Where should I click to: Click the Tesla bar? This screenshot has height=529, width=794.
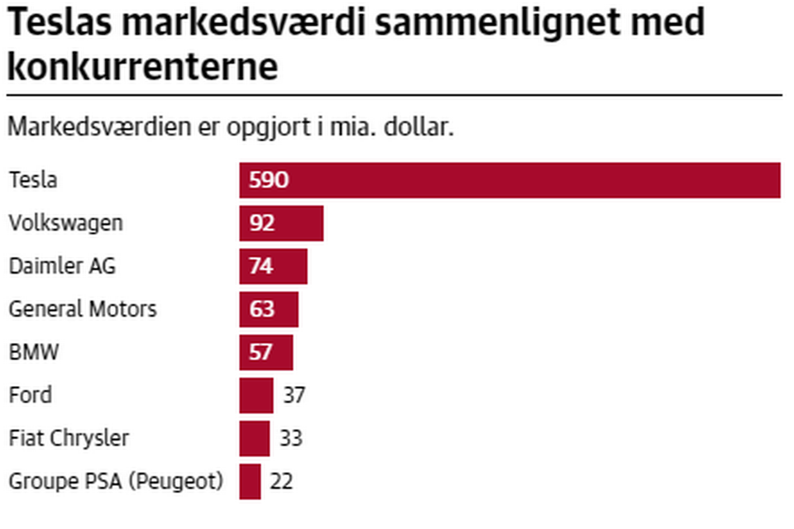pyautogui.click(x=509, y=180)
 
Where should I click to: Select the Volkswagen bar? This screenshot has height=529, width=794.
pyautogui.click(x=281, y=223)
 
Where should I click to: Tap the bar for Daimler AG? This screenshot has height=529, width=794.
pyautogui.click(x=273, y=266)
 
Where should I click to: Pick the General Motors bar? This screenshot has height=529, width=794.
pyautogui.click(x=269, y=309)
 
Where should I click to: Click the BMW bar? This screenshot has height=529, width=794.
pyautogui.click(x=266, y=352)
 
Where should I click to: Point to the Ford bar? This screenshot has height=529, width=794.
pyautogui.click(x=256, y=395)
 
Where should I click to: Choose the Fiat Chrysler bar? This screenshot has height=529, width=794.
pyautogui.click(x=255, y=438)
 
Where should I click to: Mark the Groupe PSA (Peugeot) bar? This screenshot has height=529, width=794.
pyautogui.click(x=251, y=481)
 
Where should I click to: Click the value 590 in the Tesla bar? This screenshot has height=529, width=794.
pyautogui.click(x=269, y=180)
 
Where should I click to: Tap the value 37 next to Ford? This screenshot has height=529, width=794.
pyautogui.click(x=294, y=395)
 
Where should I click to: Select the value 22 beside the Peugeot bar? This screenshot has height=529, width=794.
pyautogui.click(x=281, y=481)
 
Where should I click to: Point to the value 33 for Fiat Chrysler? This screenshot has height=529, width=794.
pyautogui.click(x=290, y=438)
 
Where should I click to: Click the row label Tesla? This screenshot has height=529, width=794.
pyautogui.click(x=33, y=180)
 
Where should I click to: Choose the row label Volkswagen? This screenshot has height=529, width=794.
pyautogui.click(x=65, y=223)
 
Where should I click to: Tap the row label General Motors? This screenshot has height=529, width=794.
pyautogui.click(x=82, y=309)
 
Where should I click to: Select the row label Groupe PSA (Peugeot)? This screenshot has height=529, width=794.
pyautogui.click(x=116, y=481)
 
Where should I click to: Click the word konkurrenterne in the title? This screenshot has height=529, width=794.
pyautogui.click(x=142, y=66)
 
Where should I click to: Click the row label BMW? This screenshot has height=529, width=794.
pyautogui.click(x=34, y=352)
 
